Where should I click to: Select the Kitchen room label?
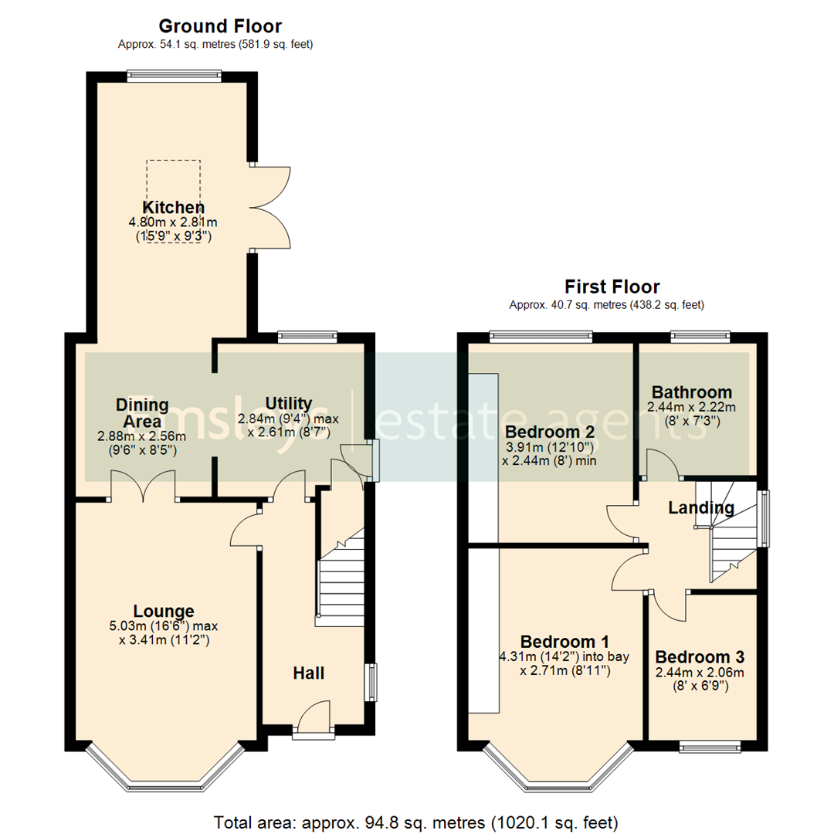point(173,208)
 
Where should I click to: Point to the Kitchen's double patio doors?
point(270,207)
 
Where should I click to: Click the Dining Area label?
point(142,413)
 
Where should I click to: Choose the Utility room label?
point(288,404)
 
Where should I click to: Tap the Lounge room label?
point(163,611)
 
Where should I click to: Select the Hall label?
point(308,673)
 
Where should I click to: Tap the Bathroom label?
point(691,392)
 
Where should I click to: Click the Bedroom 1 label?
point(564,642)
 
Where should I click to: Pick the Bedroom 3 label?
point(700,657)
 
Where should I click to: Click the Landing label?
point(700,508)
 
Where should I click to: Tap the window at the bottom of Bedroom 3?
point(709,747)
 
